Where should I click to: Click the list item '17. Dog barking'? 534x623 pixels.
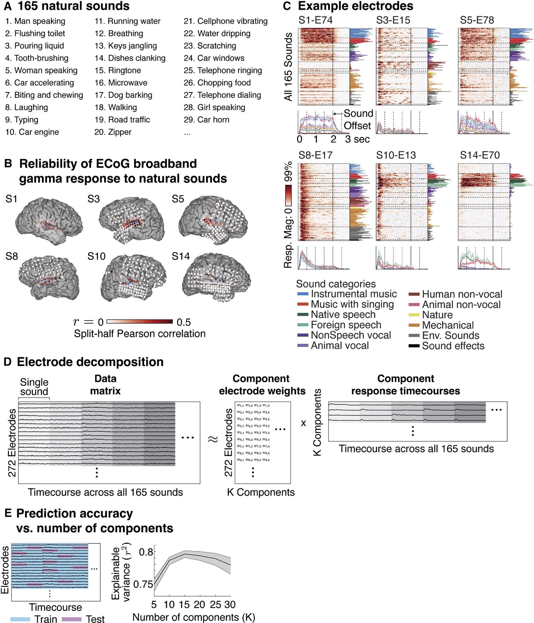[123, 95]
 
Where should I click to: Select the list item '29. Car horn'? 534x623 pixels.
[206, 120]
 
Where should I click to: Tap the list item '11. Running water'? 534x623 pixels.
[128, 21]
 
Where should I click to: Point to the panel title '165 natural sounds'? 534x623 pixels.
[73, 6]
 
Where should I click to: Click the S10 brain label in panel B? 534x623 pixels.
[97, 256]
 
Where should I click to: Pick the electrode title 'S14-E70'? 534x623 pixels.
[480, 155]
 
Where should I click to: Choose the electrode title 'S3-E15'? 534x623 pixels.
[393, 20]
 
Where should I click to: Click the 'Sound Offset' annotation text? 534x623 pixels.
[358, 120]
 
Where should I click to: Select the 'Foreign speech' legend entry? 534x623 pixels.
[346, 325]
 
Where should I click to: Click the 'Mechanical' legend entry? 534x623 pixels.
[448, 325]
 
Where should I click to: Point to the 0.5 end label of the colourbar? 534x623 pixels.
[184, 322]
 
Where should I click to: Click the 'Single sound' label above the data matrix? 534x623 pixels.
[34, 387]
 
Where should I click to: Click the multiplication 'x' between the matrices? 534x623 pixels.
[303, 423]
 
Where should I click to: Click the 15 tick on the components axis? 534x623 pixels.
[184, 605]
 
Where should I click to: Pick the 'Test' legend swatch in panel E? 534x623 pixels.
[72, 619]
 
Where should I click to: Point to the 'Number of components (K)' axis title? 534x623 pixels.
[194, 617]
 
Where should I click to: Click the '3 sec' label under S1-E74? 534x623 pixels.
[357, 139]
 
